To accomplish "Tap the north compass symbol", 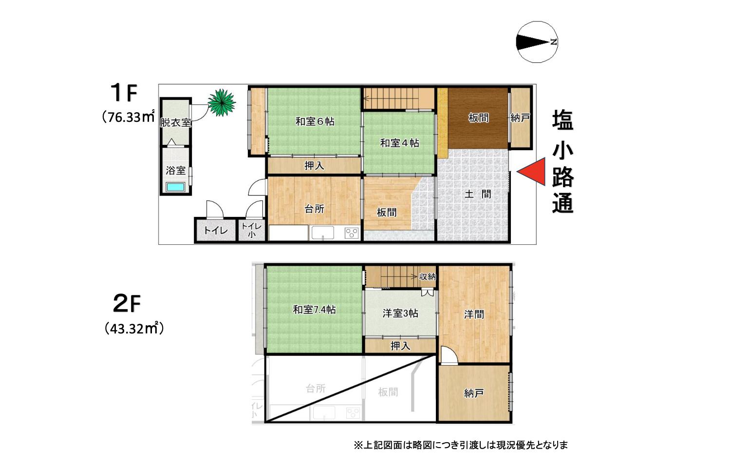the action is pos(537,42).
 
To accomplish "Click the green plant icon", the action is pos(222,102).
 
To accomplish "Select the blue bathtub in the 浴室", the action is pos(175,187).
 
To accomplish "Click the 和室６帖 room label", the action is pos(315,121).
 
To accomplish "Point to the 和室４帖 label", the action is pos(399,143).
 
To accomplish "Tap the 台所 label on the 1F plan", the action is pos(314,209).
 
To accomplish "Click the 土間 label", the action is pos(477,194).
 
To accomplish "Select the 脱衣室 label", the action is pos(175,122).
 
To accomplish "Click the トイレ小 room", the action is pos(251,230).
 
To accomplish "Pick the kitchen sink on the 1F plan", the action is pos(323,233).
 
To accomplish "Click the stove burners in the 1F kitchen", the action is pos(352,233).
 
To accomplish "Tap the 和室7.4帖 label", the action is pos(314,310).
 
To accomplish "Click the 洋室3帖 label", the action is pos(400,313).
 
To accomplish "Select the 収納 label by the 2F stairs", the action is pos(427,276).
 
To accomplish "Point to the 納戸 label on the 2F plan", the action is pos(474,393).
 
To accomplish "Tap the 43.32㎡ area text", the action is pos(134,329).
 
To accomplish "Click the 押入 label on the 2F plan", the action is pos(400,346).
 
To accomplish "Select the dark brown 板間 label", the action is pos(478,118).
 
